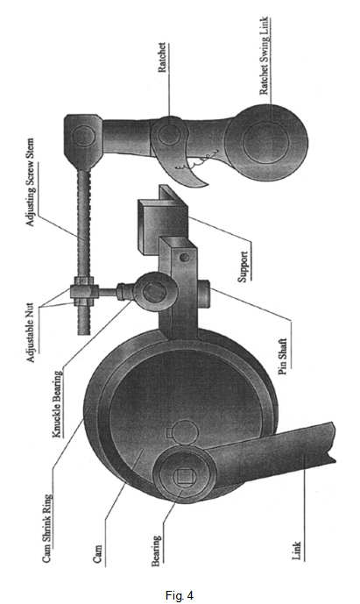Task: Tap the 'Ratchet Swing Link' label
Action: pyautogui.click(x=265, y=55)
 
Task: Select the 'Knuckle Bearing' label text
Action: pyautogui.click(x=57, y=404)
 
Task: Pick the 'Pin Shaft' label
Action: pyautogui.click(x=283, y=357)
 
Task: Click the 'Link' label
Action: pyautogui.click(x=296, y=551)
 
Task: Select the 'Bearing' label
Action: pyautogui.click(x=156, y=551)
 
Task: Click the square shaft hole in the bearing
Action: pyautogui.click(x=181, y=477)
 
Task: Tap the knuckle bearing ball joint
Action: pyautogui.click(x=154, y=291)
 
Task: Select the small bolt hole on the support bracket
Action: pyautogui.click(x=185, y=257)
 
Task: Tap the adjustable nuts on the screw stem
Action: pyautogui.click(x=83, y=293)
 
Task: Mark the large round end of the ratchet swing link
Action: pyautogui.click(x=266, y=141)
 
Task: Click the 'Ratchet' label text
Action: pyautogui.click(x=163, y=57)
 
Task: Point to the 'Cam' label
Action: pyautogui.click(x=98, y=554)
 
